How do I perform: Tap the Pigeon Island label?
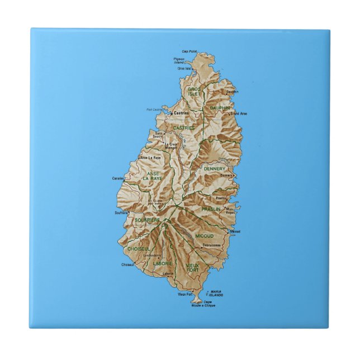pos(179,60)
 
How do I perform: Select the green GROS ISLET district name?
pos(194,91)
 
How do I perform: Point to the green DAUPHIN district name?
pos(220,107)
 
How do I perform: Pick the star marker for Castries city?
pos(172,113)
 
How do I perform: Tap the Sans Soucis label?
pos(159,135)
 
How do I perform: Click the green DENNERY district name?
pos(215,168)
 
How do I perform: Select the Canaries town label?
pos(118,178)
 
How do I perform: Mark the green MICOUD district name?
pos(205,236)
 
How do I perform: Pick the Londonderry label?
pos(151,255)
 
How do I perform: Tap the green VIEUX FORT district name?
pos(192,267)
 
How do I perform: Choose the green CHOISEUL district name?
pos(138,248)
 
